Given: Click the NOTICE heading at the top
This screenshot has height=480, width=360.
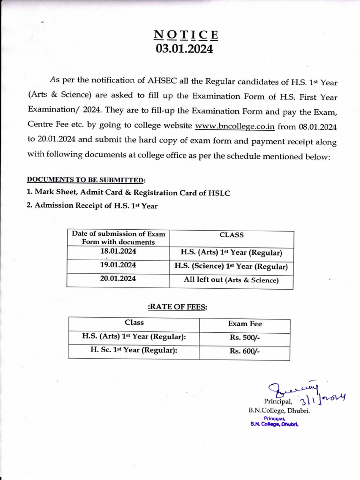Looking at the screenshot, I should click(186, 35).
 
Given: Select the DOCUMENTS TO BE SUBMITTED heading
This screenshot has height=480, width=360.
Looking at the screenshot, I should click(85, 180).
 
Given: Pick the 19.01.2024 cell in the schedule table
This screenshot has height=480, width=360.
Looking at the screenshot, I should click(118, 265).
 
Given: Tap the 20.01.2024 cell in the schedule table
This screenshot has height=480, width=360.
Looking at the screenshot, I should click(118, 279).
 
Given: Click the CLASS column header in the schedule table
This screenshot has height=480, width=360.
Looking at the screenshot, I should click(232, 235).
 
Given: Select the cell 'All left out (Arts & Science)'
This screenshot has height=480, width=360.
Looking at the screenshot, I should click(231, 280).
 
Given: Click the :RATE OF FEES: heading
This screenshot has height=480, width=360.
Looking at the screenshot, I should click(178, 307).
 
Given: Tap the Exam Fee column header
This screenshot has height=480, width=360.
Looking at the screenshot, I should click(245, 324).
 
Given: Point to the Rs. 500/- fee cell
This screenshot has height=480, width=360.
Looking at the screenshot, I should click(245, 337).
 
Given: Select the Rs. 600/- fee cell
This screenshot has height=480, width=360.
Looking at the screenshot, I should click(245, 352).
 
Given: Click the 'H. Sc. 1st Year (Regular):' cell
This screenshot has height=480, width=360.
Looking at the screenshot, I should click(134, 351).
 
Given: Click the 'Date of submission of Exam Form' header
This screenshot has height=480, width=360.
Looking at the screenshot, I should click(118, 238).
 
